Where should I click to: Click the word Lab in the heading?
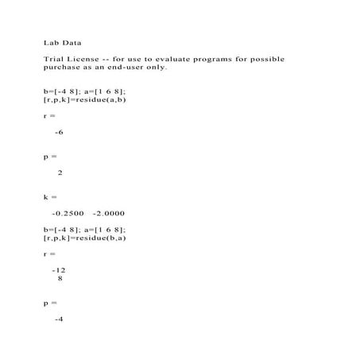[x=50, y=43]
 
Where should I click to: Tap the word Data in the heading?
[x=71, y=43]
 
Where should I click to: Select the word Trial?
[x=54, y=60]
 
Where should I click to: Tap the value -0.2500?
[x=68, y=213]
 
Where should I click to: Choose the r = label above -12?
[x=49, y=254]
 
